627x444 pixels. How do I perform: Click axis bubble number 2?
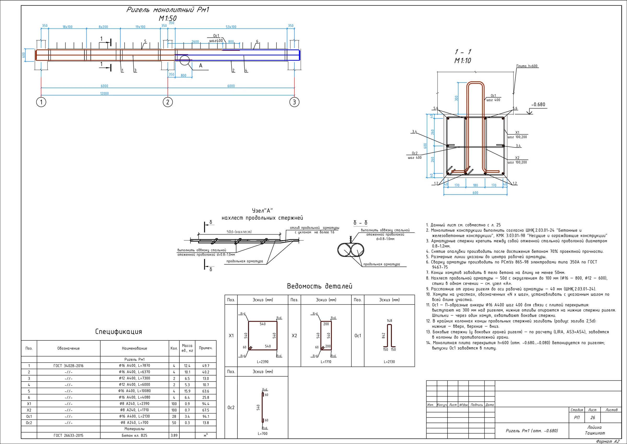(x=168, y=102)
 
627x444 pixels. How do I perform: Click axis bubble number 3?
(x=294, y=102)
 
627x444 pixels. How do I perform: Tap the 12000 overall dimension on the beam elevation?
(x=104, y=94)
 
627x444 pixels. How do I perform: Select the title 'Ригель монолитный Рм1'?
(x=167, y=10)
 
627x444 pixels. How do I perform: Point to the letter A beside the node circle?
(x=201, y=66)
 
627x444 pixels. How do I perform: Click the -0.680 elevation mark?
(x=538, y=104)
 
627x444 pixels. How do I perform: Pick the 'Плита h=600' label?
(x=527, y=66)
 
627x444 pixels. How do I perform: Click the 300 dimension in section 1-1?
(x=456, y=98)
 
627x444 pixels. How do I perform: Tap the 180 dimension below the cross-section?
(x=475, y=185)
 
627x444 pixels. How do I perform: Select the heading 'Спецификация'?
(x=119, y=332)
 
